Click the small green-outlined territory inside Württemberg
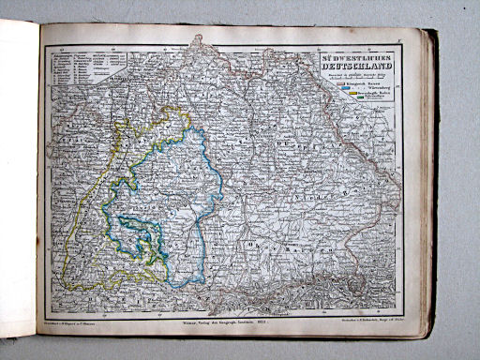[x=142, y=234]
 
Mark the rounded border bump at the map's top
[x=197, y=41]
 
